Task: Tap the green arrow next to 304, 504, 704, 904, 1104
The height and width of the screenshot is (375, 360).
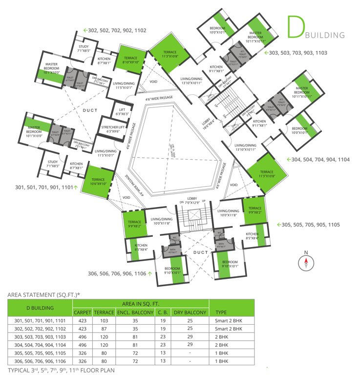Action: click(x=288, y=159)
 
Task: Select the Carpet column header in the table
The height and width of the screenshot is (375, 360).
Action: click(x=82, y=312)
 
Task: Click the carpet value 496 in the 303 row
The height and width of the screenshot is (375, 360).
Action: click(x=82, y=337)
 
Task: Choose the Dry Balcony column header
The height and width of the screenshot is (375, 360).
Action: click(x=190, y=312)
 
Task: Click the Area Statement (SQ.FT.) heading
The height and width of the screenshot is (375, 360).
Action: click(x=43, y=295)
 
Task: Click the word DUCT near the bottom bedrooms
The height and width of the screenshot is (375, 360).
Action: click(x=201, y=252)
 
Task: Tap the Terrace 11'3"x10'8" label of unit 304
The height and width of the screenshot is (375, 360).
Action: click(x=267, y=174)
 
